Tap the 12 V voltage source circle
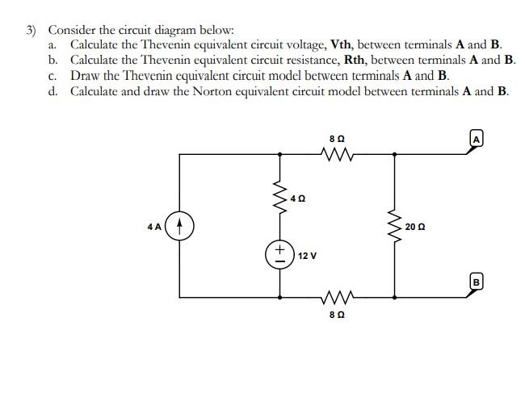coord(279,255)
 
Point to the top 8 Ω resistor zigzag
coord(338,153)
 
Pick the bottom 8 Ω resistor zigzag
coord(338,295)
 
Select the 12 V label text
coord(307,256)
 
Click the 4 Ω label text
coord(299,198)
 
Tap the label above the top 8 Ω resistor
coord(337,138)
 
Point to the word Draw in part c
coord(85,76)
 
